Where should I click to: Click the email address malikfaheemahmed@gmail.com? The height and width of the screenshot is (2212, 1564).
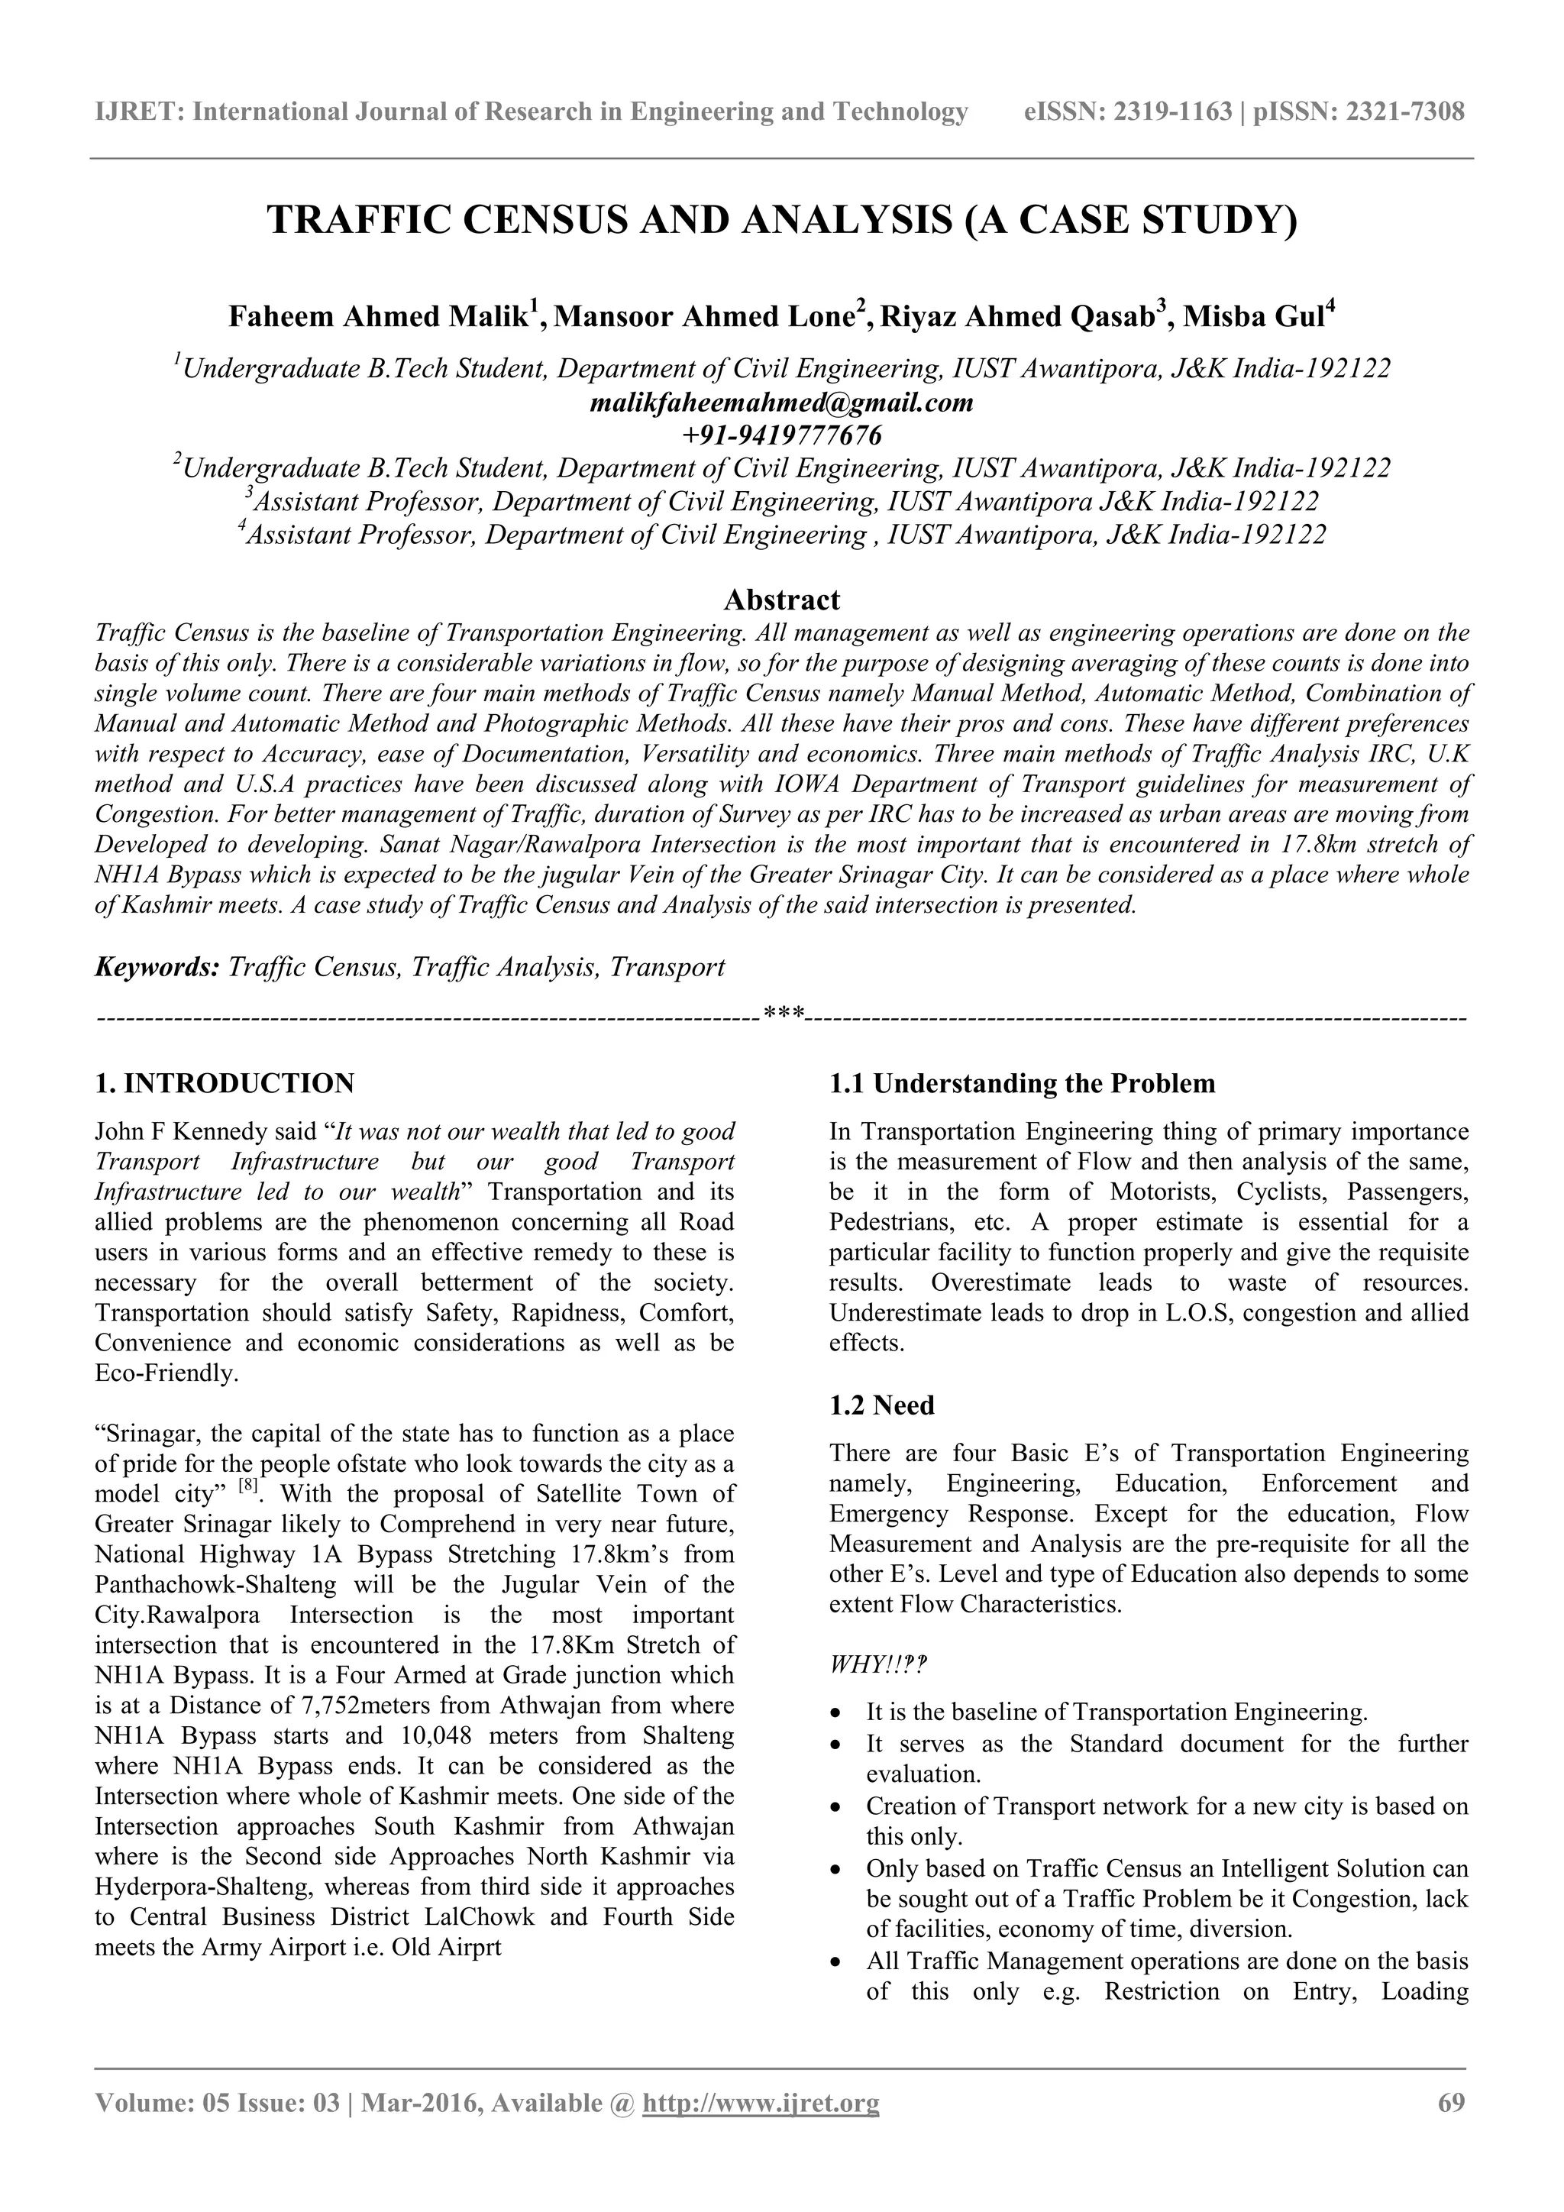click(781, 403)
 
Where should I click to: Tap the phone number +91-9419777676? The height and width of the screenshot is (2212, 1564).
click(781, 435)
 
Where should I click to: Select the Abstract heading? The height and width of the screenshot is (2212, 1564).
click(781, 600)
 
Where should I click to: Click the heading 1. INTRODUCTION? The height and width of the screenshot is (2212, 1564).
click(225, 1084)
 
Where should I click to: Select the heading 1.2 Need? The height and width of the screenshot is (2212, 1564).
click(881, 1405)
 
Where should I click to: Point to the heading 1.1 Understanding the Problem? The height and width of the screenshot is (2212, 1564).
click(1022, 1084)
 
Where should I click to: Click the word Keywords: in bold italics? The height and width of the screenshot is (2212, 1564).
click(158, 967)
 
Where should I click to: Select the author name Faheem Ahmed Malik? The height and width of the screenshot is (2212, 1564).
click(381, 317)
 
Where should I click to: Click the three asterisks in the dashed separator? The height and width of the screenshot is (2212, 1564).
click(782, 1014)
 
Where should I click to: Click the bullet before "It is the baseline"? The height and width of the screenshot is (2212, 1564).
click(837, 1714)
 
